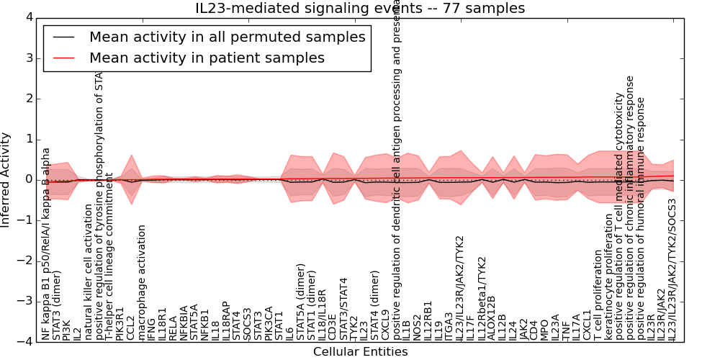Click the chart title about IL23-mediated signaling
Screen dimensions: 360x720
[360, 8]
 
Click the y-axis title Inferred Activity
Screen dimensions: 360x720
[6, 179]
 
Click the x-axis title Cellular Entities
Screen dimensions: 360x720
[360, 352]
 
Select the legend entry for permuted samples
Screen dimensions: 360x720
[227, 37]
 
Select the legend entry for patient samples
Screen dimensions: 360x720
[207, 58]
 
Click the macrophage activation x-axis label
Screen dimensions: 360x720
[142, 282]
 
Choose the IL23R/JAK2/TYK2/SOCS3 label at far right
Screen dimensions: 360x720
[672, 269]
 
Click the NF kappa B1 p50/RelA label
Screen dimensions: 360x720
[46, 243]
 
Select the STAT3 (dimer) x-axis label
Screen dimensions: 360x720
[57, 305]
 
